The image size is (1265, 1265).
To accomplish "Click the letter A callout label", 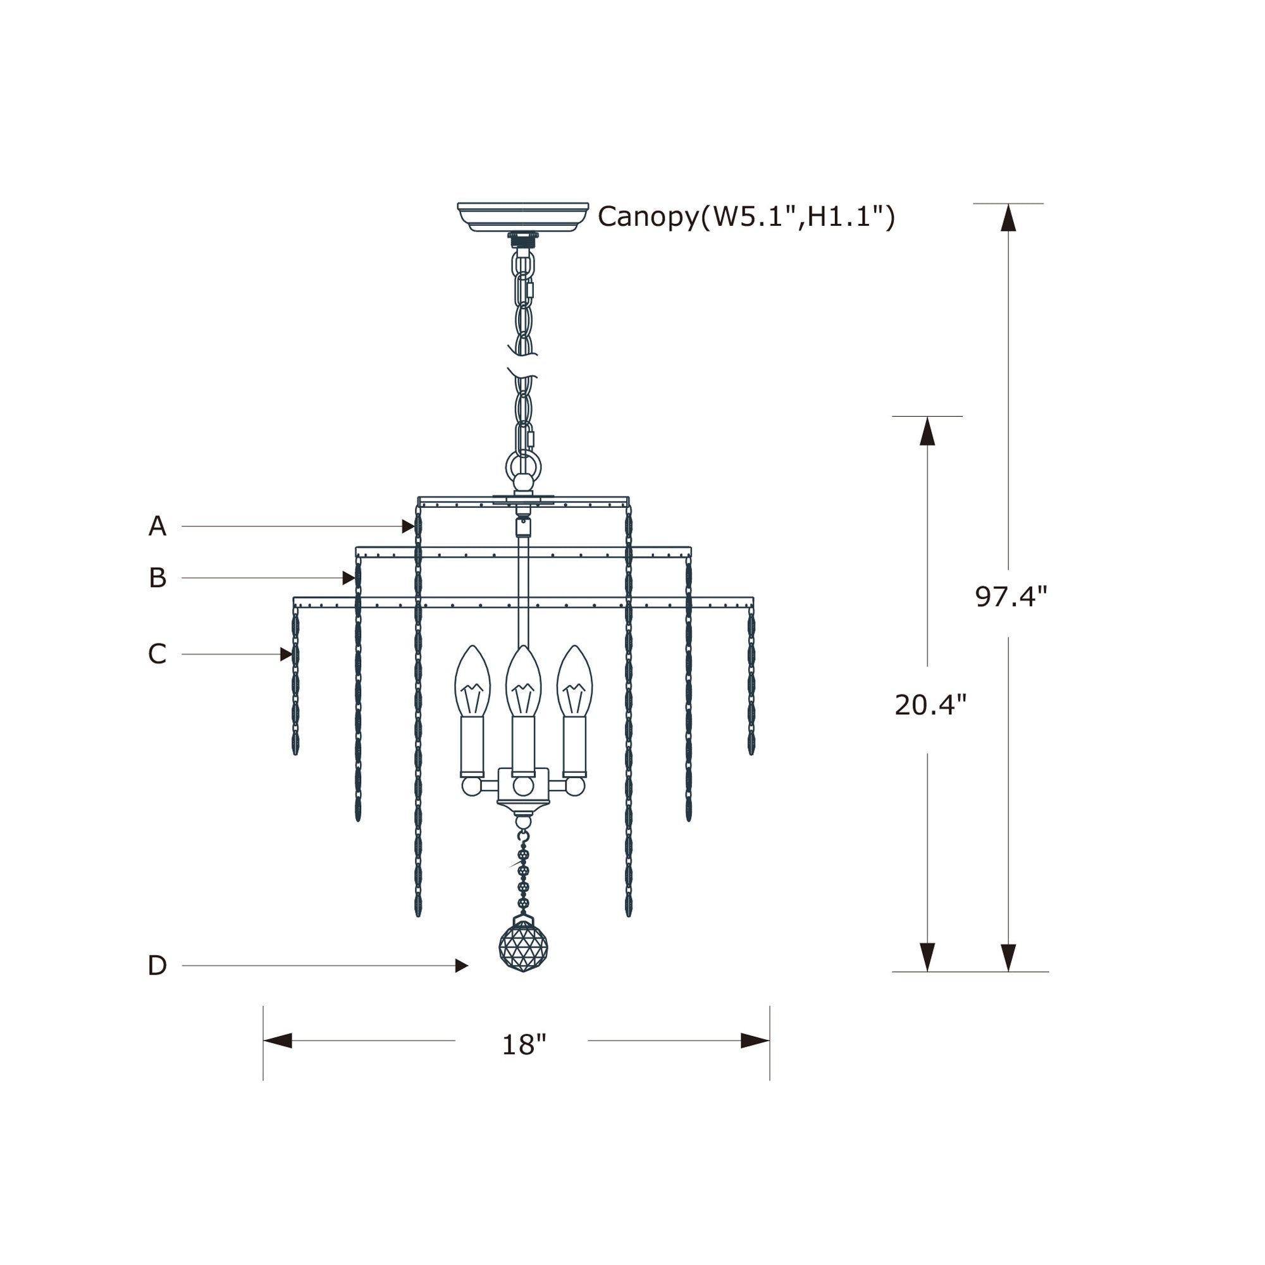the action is click(157, 526).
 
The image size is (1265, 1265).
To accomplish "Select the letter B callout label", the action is click(157, 577).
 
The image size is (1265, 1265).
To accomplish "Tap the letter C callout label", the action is click(157, 653).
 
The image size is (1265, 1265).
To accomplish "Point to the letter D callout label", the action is click(157, 965).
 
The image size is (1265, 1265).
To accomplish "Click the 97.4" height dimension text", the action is click(1011, 596).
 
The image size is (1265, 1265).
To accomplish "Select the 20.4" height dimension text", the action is click(930, 705).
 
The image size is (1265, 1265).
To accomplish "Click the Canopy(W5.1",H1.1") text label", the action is click(746, 217).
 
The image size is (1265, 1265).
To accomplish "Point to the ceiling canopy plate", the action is click(522, 217).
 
